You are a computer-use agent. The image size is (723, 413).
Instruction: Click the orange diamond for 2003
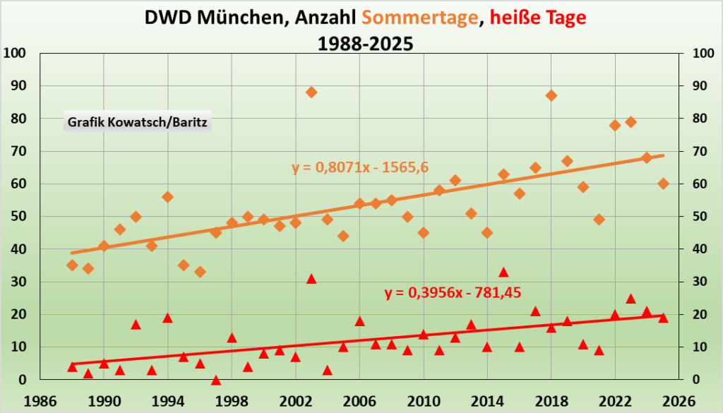[x=311, y=92]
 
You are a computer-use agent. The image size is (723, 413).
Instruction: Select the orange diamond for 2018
[x=551, y=95]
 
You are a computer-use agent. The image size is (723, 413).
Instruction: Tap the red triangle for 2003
[x=311, y=278]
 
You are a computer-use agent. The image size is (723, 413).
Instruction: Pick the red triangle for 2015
[x=503, y=272]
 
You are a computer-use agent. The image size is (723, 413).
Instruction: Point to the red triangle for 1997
[x=216, y=380]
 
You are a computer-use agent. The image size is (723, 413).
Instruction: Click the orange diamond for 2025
[x=663, y=184]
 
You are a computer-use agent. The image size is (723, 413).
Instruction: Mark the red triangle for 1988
[x=72, y=366]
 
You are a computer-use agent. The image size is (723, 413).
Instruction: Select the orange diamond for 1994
[x=168, y=197]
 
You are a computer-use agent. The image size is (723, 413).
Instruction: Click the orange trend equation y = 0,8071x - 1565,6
[x=361, y=167]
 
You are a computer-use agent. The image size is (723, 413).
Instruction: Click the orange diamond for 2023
[x=631, y=122]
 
